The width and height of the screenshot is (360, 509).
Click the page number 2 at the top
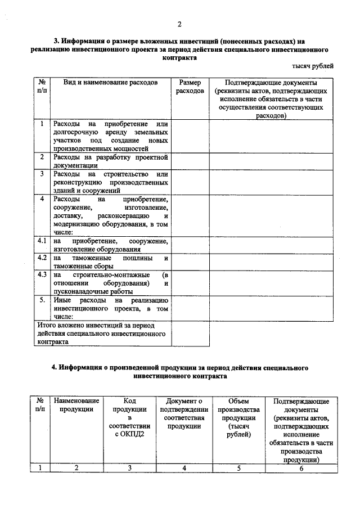point(180,24)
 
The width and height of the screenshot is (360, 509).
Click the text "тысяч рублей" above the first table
point(315,66)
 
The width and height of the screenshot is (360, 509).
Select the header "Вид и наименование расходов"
point(110,82)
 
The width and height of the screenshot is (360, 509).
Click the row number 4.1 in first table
point(42,241)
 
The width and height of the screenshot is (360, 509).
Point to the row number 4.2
point(42,258)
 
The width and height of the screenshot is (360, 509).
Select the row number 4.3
point(42,274)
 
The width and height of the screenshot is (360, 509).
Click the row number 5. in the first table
point(42,300)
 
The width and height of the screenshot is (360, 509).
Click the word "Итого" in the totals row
point(46,325)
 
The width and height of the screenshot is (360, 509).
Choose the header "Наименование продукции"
point(76,405)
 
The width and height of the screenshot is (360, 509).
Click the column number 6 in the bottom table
point(301,467)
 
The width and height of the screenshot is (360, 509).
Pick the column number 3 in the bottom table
point(129,467)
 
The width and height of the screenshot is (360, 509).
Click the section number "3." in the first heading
point(57,41)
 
